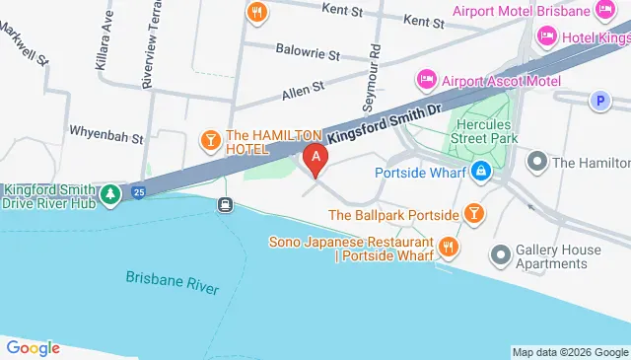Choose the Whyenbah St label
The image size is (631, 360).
click(x=106, y=130)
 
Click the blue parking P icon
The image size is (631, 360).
click(x=597, y=100)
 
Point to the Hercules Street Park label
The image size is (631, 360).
click(x=483, y=132)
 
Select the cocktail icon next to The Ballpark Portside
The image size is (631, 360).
click(x=474, y=214)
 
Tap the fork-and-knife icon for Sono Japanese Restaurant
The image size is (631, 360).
click(x=449, y=244)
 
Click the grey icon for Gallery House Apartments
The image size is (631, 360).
click(x=501, y=256)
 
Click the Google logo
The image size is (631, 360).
click(x=33, y=347)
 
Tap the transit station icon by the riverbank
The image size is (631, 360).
click(x=226, y=205)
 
